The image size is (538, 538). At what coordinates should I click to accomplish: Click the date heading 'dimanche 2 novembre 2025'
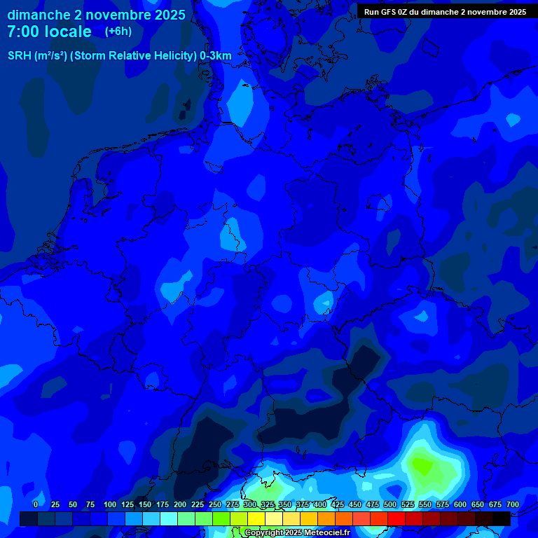[96, 15]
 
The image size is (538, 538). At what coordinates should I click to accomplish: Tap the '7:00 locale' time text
[49, 32]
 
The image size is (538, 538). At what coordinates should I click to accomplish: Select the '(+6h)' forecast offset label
[118, 32]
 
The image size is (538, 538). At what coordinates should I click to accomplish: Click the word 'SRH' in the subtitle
[20, 56]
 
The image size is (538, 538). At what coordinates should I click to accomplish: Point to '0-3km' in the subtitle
[216, 56]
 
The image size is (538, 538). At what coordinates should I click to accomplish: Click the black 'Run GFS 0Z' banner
[445, 12]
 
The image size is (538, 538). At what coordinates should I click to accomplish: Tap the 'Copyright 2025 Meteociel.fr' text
[297, 533]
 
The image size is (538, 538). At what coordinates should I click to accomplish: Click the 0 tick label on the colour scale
[36, 505]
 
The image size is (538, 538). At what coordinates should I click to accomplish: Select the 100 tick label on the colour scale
[110, 505]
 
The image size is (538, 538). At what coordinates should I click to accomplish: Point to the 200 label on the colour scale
[180, 505]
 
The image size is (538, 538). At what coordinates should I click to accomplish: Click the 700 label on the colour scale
[512, 505]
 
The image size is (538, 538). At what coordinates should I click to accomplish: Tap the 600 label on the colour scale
[460, 505]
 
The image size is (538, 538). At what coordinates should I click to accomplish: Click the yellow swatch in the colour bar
[256, 518]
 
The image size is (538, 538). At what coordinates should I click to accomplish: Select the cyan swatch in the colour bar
[169, 518]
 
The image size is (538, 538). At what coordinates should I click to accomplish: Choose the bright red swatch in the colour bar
[396, 518]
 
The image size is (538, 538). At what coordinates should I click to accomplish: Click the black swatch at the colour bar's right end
[502, 518]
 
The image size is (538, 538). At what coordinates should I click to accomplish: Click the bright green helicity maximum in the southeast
[422, 464]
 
